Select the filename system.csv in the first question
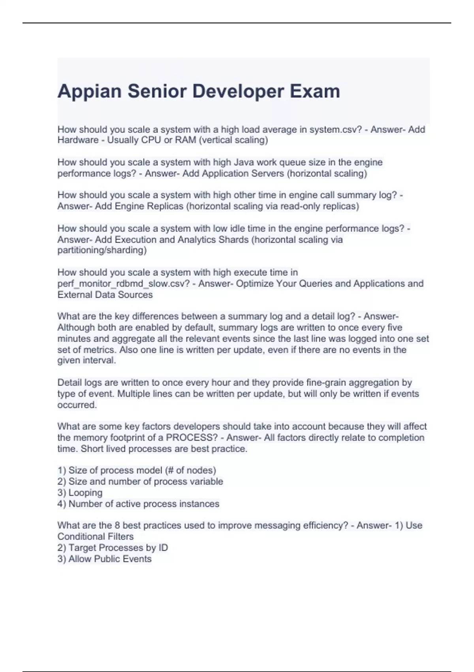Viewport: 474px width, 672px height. click(335, 130)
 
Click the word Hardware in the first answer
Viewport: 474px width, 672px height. click(78, 140)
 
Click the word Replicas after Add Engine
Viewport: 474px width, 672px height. click(165, 206)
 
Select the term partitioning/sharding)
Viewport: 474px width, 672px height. click(102, 250)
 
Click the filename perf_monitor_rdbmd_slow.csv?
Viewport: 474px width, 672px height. click(124, 284)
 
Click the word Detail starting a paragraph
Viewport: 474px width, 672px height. click(70, 383)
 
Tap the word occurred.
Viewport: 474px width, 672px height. click(77, 405)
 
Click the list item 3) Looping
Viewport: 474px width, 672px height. click(80, 493)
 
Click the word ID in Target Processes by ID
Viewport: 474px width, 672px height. click(163, 548)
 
